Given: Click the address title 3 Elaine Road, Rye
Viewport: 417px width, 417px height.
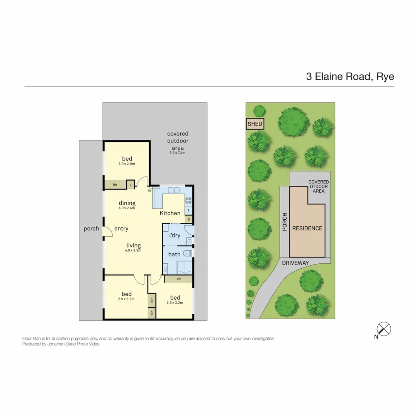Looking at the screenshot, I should coord(350,76).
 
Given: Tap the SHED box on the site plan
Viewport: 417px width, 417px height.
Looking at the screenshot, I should coord(254,124).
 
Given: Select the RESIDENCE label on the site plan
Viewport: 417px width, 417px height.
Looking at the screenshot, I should coord(307,228).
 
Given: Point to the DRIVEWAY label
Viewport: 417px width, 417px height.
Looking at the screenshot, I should coord(295,263).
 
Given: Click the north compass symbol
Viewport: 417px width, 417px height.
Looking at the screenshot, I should coord(384,329).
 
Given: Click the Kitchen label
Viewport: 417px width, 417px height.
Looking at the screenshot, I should coord(170,213).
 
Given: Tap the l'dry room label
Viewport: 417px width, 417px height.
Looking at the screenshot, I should coord(175,235).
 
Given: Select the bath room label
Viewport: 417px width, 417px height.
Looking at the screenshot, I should coord(174,254).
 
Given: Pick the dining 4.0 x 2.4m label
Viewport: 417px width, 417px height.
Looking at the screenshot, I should coord(127,205).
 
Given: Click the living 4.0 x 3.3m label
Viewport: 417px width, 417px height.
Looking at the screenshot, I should coord(133,247).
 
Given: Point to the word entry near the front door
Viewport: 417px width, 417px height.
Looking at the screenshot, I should coord(121,229).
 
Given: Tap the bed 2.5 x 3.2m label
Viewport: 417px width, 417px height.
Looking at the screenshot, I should coord(175,299).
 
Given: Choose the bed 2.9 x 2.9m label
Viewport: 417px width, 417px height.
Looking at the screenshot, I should coord(127,161).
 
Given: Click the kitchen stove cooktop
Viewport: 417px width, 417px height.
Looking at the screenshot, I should coord(188,200).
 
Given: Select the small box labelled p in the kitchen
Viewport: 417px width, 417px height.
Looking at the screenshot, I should coord(189,219).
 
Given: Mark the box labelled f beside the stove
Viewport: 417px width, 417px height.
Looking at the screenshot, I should coord(188,210).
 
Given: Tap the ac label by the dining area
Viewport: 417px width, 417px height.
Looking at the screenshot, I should coord(149,190).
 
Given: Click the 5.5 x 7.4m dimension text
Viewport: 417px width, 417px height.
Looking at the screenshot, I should coord(178,153).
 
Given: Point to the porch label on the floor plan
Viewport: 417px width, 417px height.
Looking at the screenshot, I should coord(91,229).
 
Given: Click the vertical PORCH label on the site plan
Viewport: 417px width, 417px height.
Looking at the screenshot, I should coord(285,222).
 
